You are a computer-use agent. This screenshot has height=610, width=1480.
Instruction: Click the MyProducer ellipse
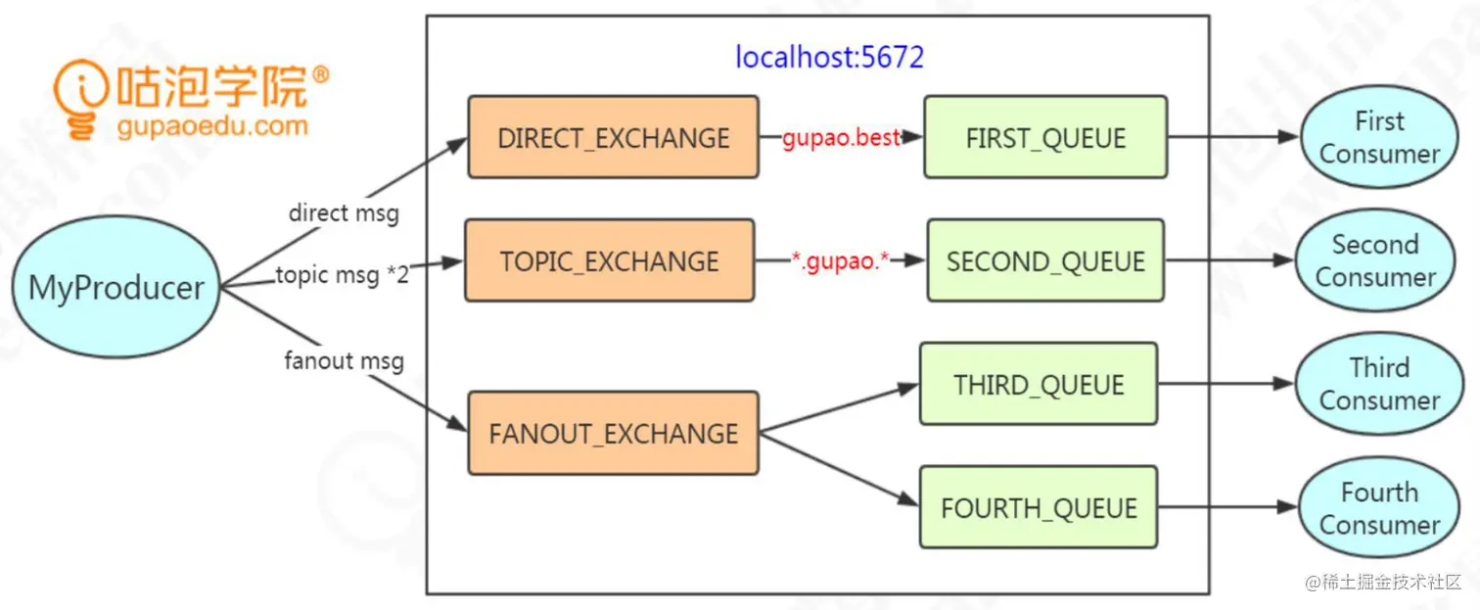(116, 288)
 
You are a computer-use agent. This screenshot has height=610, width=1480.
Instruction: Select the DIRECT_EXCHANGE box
(613, 137)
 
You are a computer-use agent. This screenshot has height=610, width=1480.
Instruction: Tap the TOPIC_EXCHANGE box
(609, 260)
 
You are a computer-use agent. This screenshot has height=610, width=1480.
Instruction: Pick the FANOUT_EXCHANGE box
(613, 433)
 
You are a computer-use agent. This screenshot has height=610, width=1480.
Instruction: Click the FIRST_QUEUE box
(1045, 137)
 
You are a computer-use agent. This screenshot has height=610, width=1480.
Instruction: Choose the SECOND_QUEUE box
(1045, 260)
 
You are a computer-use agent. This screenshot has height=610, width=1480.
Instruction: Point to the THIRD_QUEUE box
(1039, 384)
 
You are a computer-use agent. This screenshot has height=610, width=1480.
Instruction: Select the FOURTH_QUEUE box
(1039, 507)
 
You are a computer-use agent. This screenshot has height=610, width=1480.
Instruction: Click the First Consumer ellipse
(1379, 137)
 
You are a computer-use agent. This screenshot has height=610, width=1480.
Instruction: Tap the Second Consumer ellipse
(1375, 260)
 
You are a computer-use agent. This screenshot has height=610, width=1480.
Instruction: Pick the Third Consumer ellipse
(1379, 384)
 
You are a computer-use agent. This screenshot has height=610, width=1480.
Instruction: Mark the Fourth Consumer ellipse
(1379, 507)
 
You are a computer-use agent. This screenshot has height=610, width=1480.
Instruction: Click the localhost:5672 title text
(829, 58)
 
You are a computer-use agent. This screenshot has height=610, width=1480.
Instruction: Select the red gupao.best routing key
(840, 138)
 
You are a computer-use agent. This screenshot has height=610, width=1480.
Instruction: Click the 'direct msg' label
(344, 212)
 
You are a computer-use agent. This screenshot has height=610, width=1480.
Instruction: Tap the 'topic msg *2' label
(342, 275)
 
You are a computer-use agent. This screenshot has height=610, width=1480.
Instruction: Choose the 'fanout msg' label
(344, 360)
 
